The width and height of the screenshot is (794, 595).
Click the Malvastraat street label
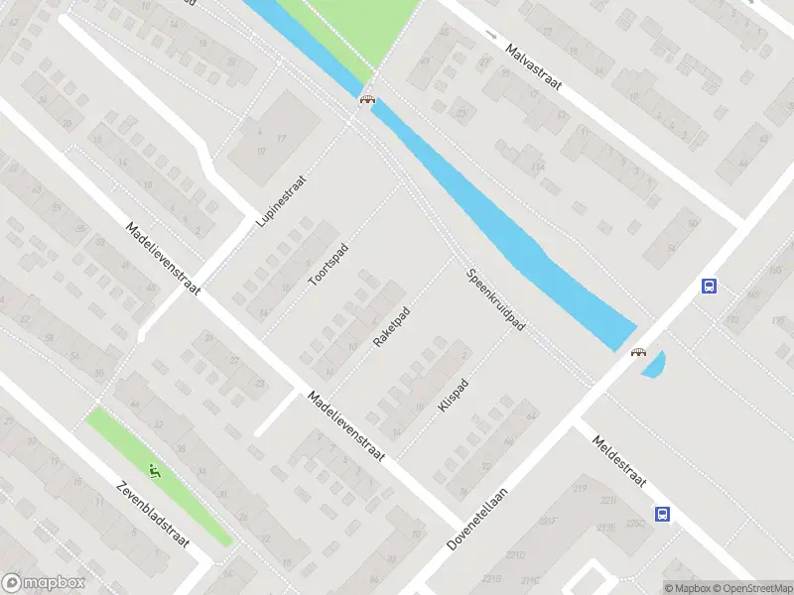coord(533,67)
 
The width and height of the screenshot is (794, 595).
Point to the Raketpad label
coord(391,326)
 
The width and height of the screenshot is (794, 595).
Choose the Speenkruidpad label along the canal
coord(495,297)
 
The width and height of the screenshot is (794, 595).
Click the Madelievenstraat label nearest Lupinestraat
coord(163,259)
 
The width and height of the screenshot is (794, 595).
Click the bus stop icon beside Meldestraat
coord(662,514)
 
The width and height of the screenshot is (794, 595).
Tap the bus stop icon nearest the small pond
coord(709,286)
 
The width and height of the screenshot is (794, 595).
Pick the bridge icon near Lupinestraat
coord(367,98)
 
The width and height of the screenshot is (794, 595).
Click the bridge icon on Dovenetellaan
coord(638,351)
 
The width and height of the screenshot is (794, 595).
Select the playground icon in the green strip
coord(154,470)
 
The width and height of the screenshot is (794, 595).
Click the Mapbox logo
coord(44,583)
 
